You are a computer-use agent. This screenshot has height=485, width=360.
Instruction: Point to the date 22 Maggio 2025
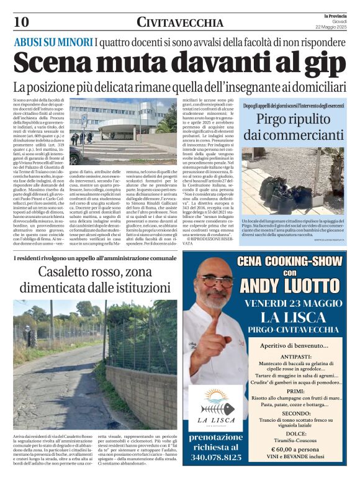[334, 26]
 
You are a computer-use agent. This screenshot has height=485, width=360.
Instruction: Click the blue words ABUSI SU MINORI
[53, 42]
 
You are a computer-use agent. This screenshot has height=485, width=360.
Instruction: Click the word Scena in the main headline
[56, 63]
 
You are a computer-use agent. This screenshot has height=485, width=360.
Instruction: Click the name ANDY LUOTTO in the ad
[289, 286]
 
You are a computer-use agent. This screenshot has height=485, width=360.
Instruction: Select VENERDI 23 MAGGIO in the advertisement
[289, 303]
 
